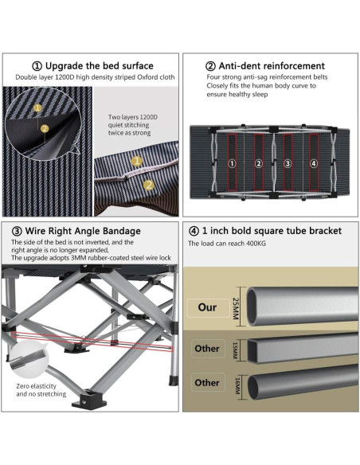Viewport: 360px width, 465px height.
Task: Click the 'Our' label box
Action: (x=208, y=307)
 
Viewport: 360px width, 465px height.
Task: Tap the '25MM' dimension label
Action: (x=236, y=308)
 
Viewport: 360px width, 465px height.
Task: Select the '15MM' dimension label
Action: (x=235, y=351)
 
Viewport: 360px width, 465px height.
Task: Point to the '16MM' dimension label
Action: (x=237, y=385)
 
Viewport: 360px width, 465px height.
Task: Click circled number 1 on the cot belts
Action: (x=233, y=163)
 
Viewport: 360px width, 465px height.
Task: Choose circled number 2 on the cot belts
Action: (x=259, y=163)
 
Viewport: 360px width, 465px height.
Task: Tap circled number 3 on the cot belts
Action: (x=288, y=163)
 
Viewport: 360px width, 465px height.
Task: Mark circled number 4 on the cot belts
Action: (x=314, y=163)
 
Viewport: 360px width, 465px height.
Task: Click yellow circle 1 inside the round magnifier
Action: (x=37, y=108)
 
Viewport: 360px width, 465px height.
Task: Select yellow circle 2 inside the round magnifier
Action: (x=45, y=128)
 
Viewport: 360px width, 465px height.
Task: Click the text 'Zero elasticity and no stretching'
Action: (x=41, y=390)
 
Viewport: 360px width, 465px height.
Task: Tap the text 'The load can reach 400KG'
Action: (x=227, y=244)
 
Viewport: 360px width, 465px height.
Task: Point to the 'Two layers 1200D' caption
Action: (x=132, y=117)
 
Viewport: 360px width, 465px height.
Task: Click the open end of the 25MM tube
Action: (x=253, y=307)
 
